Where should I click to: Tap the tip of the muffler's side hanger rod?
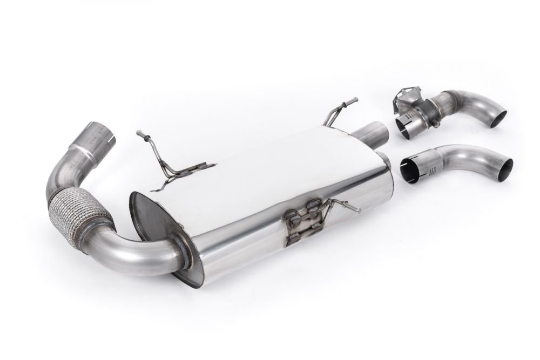[357, 210]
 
